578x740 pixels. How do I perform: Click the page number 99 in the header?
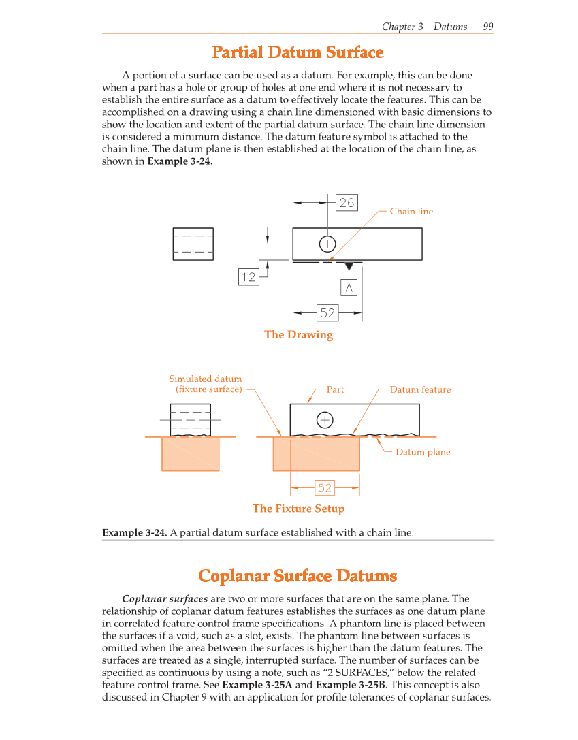point(487,27)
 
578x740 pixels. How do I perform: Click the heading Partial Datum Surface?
point(298,52)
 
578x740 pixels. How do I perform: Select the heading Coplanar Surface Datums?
point(298,576)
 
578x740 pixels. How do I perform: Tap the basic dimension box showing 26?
point(347,203)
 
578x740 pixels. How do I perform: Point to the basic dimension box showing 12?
point(248,276)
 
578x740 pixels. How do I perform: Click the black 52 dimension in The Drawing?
point(327,312)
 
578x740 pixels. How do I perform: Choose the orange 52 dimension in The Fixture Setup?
point(325,487)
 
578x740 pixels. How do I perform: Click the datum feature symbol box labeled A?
point(349,288)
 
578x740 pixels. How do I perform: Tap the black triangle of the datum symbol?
point(349,266)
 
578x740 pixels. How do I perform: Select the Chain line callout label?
point(411,212)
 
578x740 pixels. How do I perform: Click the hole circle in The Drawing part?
point(327,244)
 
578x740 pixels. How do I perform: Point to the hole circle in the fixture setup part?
point(325,420)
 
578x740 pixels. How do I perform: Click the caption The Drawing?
point(298,335)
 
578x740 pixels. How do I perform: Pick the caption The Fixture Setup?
point(298,509)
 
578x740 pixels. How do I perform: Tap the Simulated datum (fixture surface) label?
point(206,384)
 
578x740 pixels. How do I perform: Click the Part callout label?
point(335,390)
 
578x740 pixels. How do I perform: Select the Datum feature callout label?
point(420,390)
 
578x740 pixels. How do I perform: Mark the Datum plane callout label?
point(423,452)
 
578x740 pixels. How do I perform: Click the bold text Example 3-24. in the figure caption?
point(134,532)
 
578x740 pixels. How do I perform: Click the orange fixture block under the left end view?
point(191,453)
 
